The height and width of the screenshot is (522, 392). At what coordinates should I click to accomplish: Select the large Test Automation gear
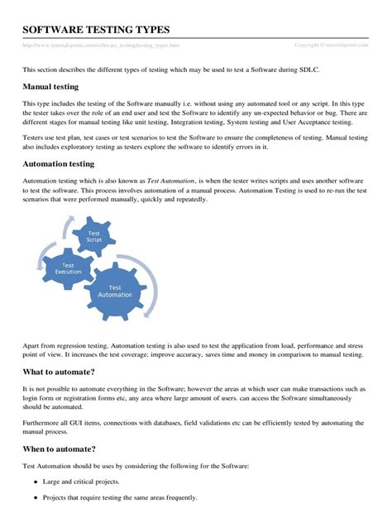click(122, 291)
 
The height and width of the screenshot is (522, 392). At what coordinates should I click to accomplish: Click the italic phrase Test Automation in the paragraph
click(171, 179)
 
